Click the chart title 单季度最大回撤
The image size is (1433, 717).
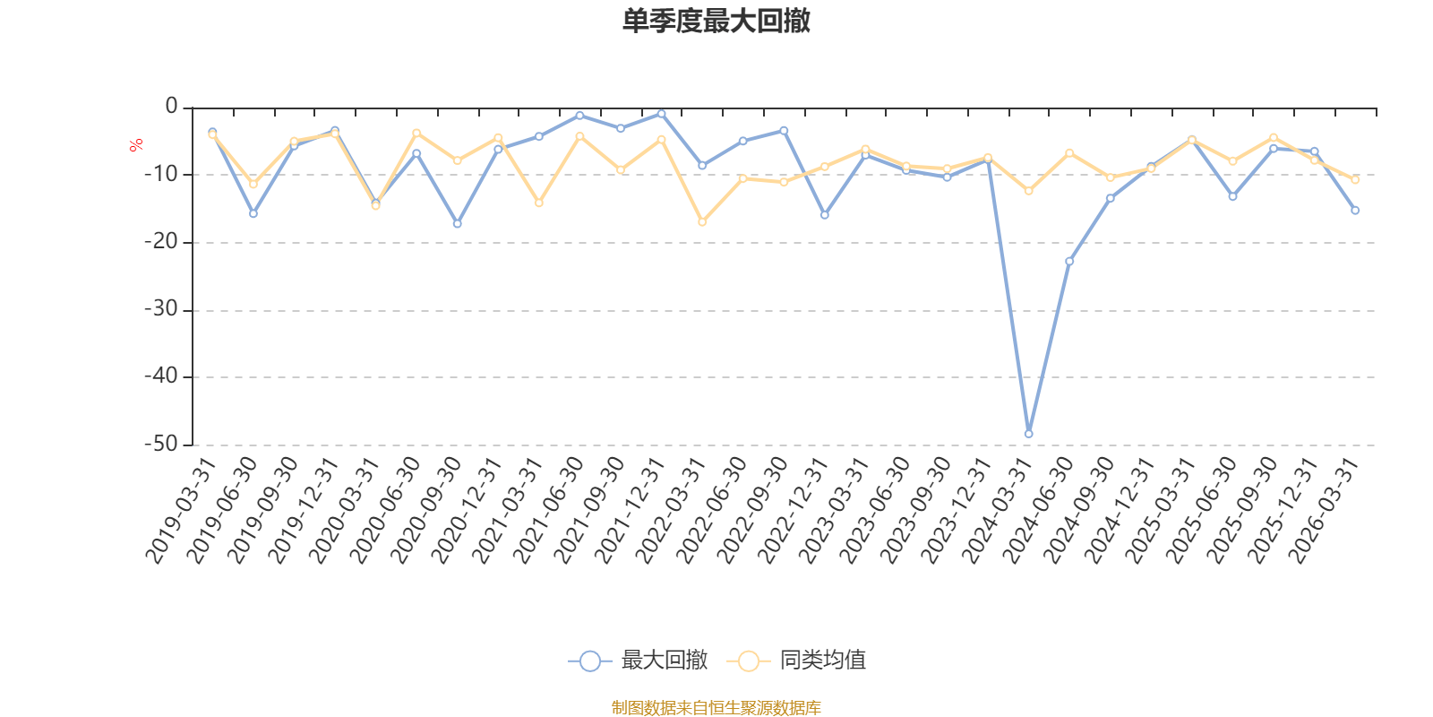coord(716,22)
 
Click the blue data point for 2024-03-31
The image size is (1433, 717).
coord(1028,434)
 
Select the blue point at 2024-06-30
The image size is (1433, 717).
coord(1069,262)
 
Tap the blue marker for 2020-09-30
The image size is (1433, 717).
coord(457,224)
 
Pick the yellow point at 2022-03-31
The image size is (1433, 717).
coord(702,222)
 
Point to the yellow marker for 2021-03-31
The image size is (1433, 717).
coord(538,203)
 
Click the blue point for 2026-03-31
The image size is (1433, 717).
coord(1355,211)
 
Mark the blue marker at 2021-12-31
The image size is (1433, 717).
coord(661,114)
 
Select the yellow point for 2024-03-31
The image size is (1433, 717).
coord(1028,191)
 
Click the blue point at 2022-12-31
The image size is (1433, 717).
coord(824,215)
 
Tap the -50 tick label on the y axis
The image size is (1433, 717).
coord(160,445)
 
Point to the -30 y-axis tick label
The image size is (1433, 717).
coord(160,310)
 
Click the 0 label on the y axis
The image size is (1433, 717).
coord(171,107)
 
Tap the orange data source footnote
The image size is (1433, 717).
coord(716,708)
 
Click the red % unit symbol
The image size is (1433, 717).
coord(136,145)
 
